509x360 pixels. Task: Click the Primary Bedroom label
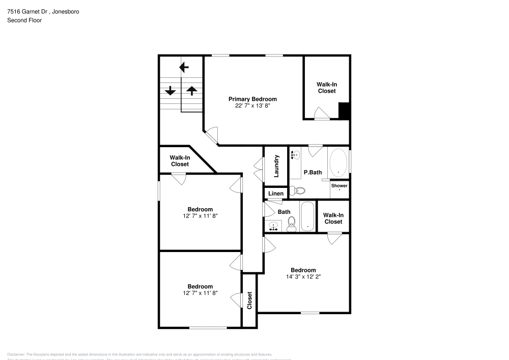pyautogui.click(x=252, y=99)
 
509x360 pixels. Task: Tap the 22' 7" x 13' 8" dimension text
pyautogui.click(x=252, y=106)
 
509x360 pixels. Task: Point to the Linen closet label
pyautogui.click(x=275, y=193)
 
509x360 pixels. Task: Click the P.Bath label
pyautogui.click(x=313, y=173)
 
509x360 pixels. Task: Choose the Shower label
pyautogui.click(x=340, y=186)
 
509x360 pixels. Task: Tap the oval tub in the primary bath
pyautogui.click(x=338, y=162)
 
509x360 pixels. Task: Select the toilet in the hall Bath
pyautogui.click(x=292, y=224)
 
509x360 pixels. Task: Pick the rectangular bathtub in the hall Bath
pyautogui.click(x=307, y=217)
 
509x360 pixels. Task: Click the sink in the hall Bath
pyautogui.click(x=274, y=226)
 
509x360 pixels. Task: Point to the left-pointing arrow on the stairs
pyautogui.click(x=184, y=67)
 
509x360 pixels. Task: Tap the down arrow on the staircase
pyautogui.click(x=170, y=91)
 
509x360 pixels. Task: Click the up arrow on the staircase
pyautogui.click(x=191, y=91)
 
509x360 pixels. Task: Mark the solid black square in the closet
pyautogui.click(x=344, y=111)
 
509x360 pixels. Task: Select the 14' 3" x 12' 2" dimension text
pyautogui.click(x=303, y=277)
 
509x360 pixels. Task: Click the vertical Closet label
pyautogui.click(x=249, y=300)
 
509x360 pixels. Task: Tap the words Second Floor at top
pyautogui.click(x=24, y=20)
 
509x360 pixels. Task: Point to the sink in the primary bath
pyautogui.click(x=295, y=153)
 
